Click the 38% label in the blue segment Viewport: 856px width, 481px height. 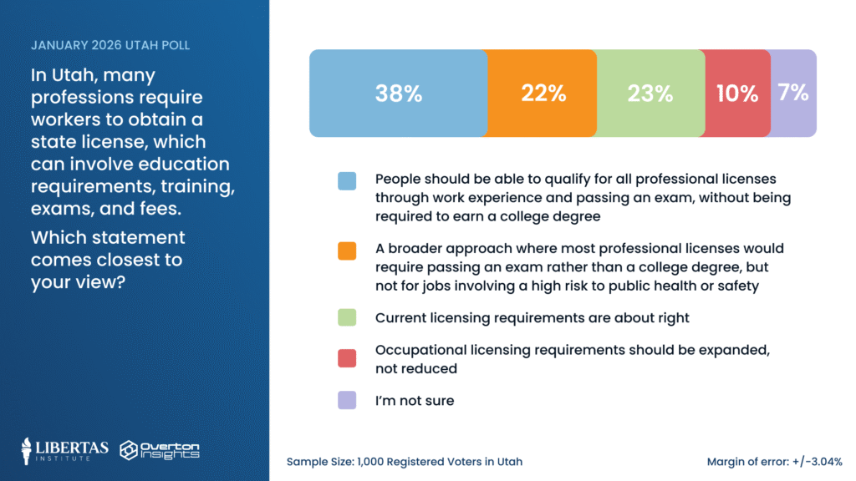399,94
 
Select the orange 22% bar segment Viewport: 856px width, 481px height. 544,94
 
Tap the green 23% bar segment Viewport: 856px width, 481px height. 650,94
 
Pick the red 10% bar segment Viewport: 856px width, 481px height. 736,94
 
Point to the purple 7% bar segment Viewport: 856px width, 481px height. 792,93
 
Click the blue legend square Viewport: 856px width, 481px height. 347,180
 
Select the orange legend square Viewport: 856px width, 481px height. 347,250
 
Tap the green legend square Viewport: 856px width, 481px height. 347,317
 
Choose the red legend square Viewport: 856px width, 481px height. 347,358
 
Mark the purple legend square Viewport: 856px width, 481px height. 347,401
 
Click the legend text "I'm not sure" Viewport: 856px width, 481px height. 415,401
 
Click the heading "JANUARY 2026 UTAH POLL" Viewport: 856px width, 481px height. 110,44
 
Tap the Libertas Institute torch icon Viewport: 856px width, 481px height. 28,451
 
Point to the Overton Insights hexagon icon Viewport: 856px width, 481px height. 130,451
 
